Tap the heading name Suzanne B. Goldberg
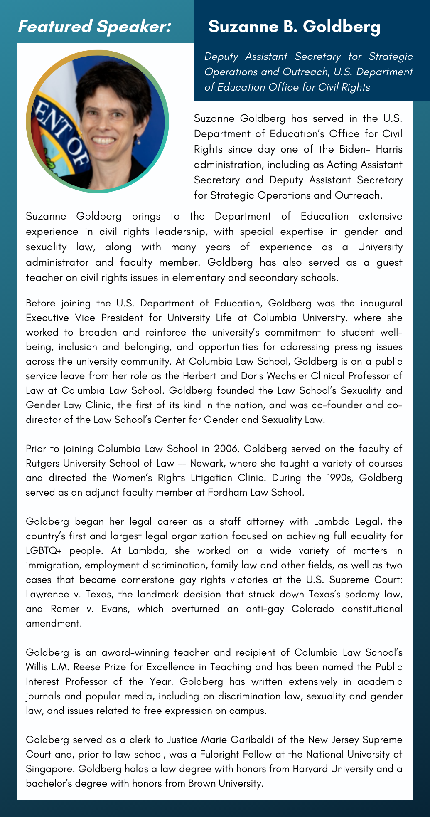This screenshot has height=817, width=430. (294, 27)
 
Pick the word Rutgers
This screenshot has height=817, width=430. (42, 463)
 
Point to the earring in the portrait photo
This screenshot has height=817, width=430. (138, 142)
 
